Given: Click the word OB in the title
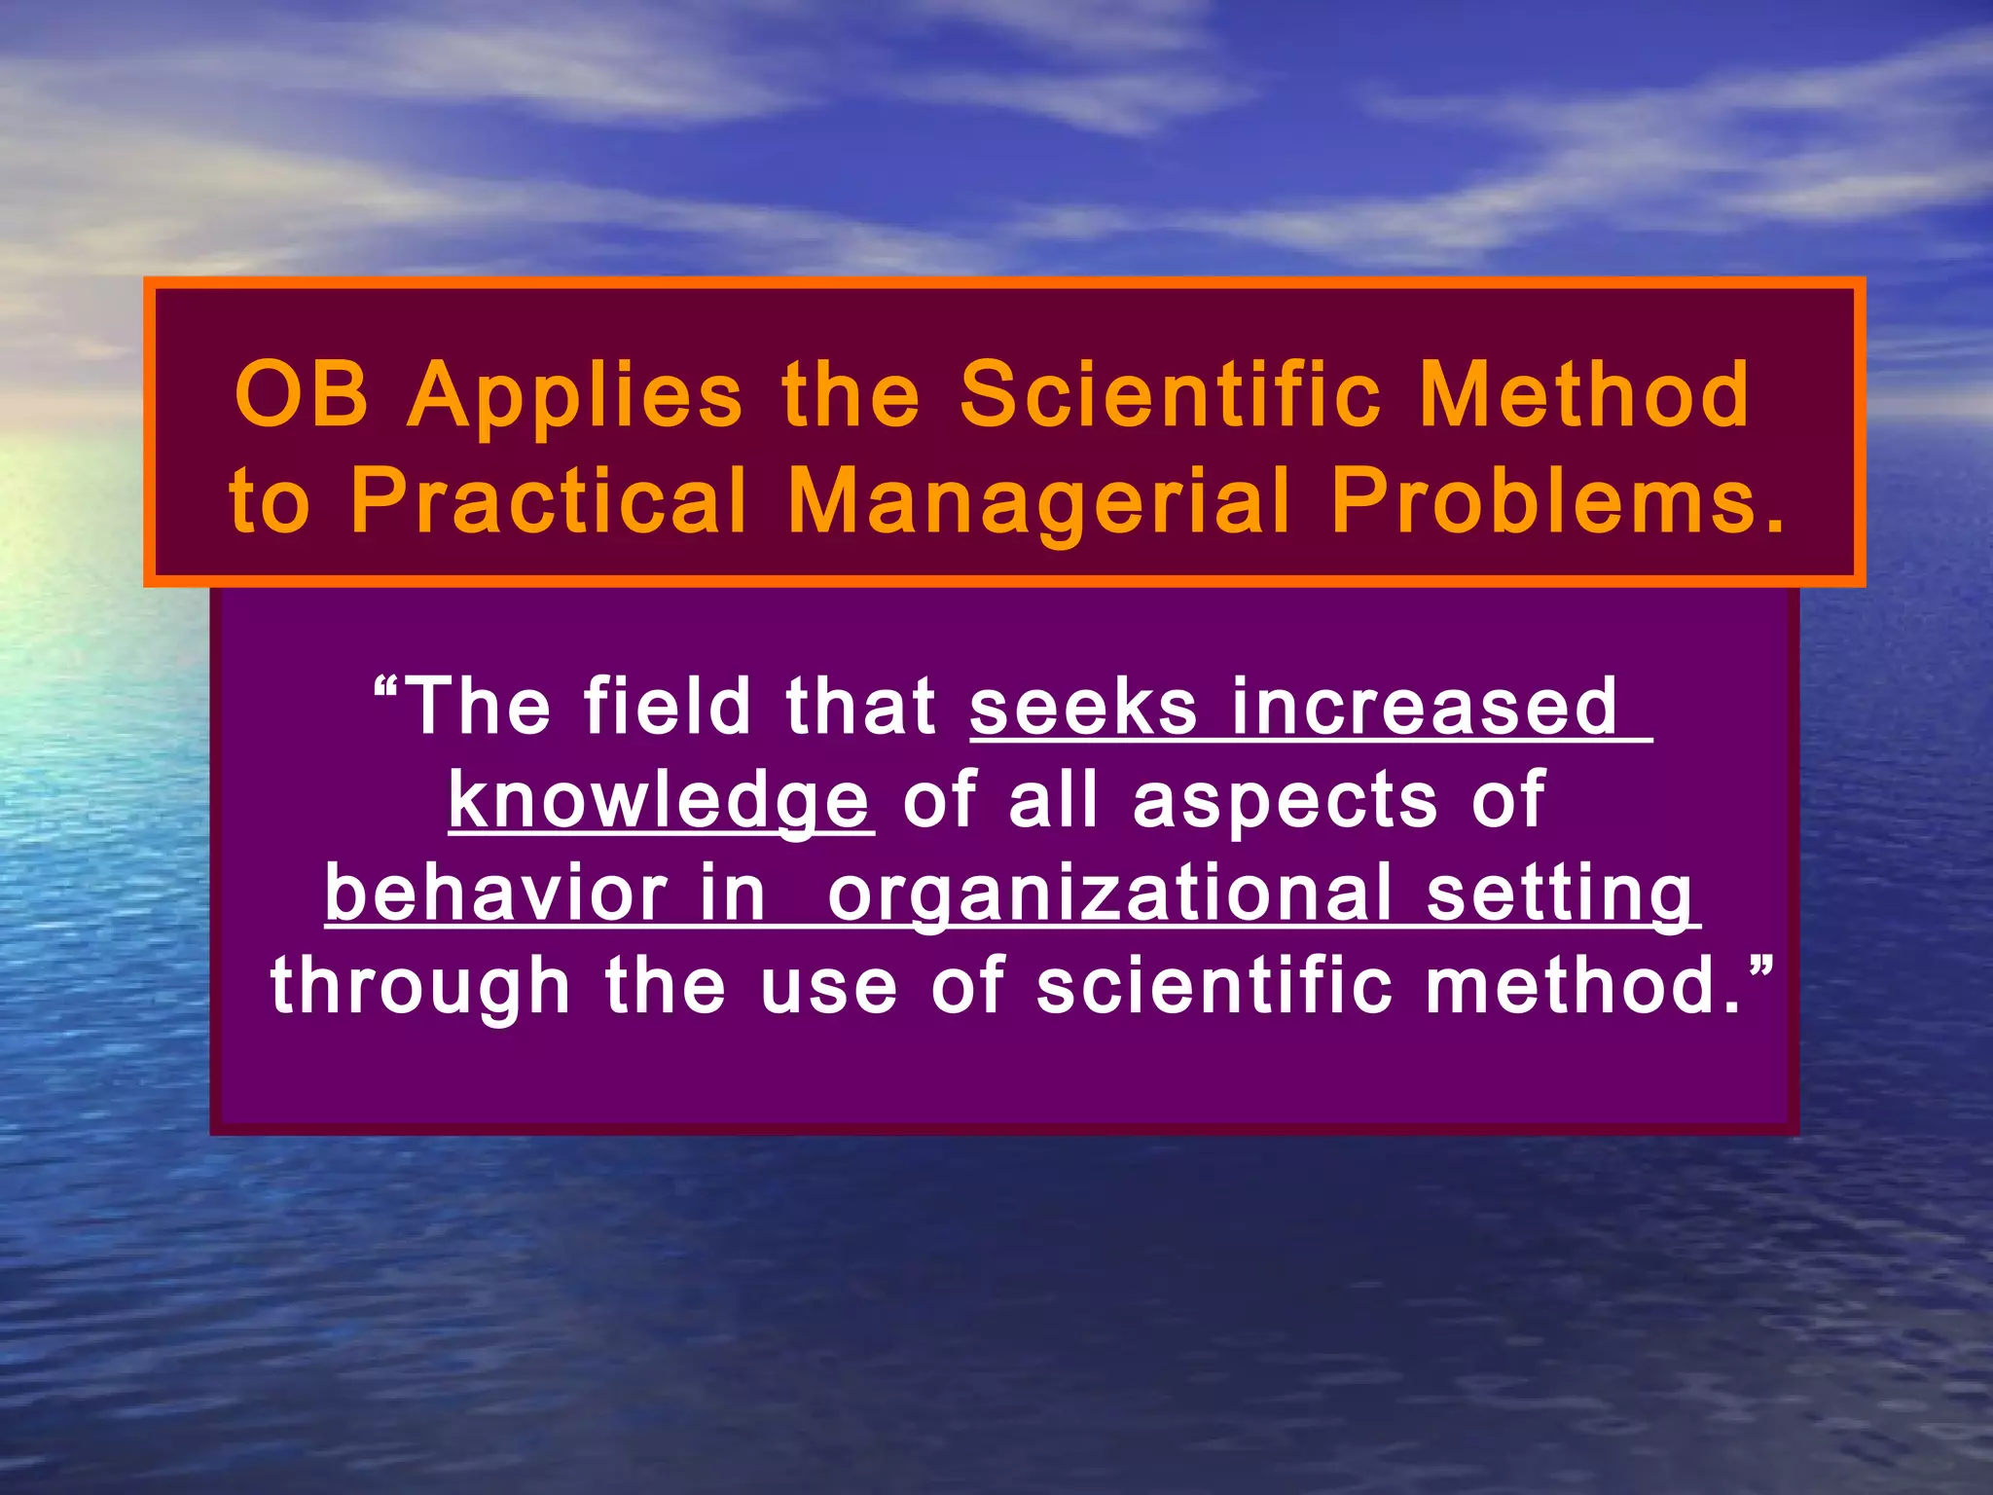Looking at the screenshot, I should click(302, 394).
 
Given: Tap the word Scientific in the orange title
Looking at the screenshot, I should click(1171, 394).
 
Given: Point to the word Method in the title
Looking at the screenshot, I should click(1583, 394).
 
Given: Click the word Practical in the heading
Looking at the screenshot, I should click(549, 501).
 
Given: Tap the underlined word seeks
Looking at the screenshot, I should click(1083, 706).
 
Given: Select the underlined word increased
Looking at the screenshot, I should click(1424, 706).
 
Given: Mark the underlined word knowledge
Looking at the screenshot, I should click(659, 801).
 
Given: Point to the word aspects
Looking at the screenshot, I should click(1285, 801).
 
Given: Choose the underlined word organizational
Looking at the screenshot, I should click(1109, 894).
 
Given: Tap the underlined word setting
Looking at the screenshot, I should click(1560, 894).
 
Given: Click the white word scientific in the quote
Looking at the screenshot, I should click(1214, 986).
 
